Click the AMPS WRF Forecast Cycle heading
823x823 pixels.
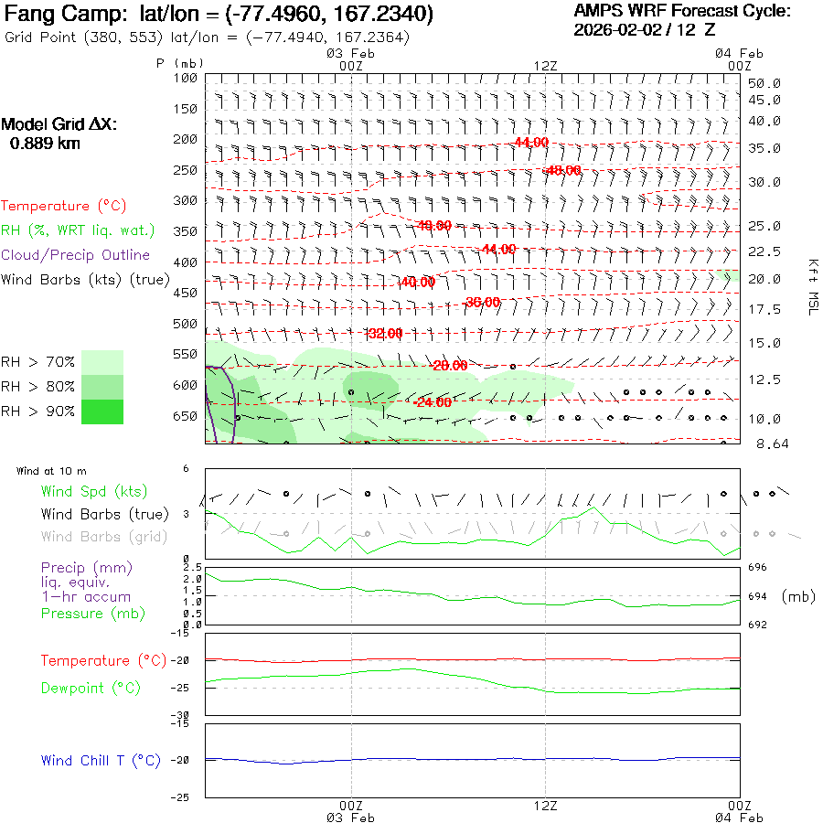coord(682,11)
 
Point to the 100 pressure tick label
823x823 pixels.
coord(186,79)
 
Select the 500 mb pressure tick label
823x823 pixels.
coord(186,324)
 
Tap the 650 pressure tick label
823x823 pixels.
coord(186,416)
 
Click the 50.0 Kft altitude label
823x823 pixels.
coord(764,83)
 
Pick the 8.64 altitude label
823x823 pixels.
coord(764,444)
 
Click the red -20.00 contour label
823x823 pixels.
coord(449,366)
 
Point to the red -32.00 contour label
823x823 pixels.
coord(384,334)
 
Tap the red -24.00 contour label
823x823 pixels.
coord(433,402)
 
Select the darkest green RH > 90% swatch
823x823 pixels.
coord(102,412)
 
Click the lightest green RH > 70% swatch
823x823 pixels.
coord(102,362)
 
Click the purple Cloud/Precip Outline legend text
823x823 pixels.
coord(76,255)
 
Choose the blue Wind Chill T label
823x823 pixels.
coord(101,761)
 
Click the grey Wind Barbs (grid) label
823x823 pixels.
coord(94,537)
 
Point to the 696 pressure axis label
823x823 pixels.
coord(757,567)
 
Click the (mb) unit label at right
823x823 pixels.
coord(798,596)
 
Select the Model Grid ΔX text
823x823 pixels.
coord(59,125)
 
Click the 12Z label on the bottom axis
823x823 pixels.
coord(545,806)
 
